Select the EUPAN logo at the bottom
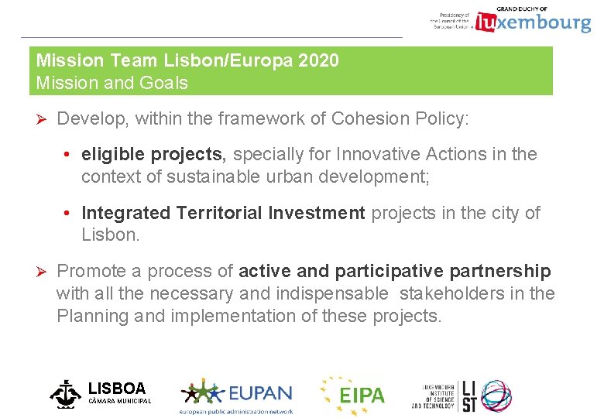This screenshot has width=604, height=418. pos(236,396)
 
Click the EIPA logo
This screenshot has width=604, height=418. pos(353,394)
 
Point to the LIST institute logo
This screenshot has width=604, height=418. pos(462,395)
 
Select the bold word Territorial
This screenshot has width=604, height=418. pos(220,213)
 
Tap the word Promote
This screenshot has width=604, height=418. pos(91,271)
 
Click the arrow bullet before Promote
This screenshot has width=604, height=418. pos(43,272)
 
